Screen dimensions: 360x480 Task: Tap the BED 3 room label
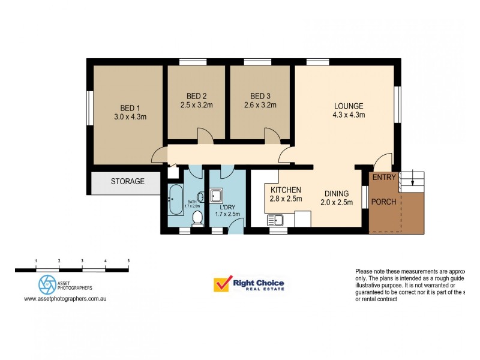coord(260,96)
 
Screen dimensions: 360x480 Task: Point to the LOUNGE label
coord(349,106)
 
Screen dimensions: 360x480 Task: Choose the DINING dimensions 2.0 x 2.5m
coord(336,203)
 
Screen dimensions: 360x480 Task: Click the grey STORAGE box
coord(127,182)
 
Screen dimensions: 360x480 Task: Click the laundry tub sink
coord(217,196)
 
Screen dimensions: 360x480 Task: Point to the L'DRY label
coord(227,206)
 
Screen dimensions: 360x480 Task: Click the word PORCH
coord(384,202)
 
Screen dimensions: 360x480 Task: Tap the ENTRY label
coord(384,178)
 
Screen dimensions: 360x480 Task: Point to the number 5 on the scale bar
coord(128,261)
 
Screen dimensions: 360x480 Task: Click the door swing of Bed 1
coord(158,156)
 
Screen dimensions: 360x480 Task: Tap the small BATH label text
coord(192,202)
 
